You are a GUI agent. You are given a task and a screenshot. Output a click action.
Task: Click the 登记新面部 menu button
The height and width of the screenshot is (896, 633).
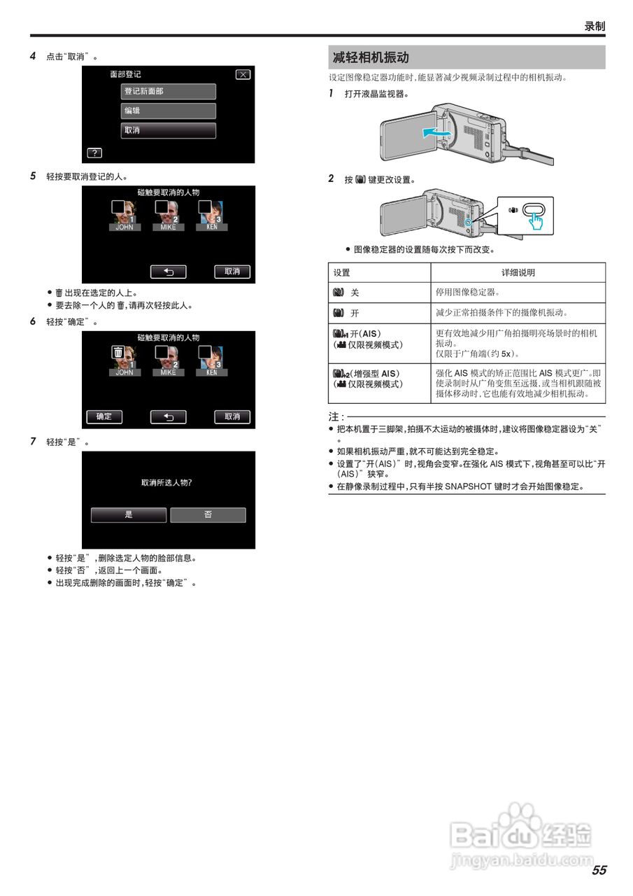168,92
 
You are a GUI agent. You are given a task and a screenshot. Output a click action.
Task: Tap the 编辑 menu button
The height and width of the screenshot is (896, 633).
168,111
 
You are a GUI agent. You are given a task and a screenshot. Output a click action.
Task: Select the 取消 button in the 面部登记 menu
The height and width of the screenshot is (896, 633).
168,130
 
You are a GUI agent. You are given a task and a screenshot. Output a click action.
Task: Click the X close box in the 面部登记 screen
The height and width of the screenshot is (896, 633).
243,75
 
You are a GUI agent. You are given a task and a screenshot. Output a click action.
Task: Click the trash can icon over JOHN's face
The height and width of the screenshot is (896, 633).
119,353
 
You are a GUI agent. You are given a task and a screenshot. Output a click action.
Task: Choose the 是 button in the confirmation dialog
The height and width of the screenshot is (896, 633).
129,514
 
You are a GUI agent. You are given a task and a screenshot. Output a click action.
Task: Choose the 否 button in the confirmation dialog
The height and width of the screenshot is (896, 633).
208,514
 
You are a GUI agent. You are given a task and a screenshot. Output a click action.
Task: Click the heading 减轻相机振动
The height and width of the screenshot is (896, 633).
371,57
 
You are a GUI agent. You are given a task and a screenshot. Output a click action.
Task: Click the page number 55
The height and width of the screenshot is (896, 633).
599,871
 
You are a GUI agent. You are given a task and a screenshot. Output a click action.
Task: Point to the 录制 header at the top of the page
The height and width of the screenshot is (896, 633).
595,26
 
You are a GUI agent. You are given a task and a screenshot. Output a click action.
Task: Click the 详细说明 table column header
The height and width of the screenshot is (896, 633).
518,272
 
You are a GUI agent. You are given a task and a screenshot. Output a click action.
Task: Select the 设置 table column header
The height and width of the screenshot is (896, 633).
342,272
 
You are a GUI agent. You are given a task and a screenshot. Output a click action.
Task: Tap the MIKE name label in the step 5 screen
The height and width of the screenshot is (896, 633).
168,227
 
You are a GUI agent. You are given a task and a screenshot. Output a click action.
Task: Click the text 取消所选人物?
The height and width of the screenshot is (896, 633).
167,483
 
